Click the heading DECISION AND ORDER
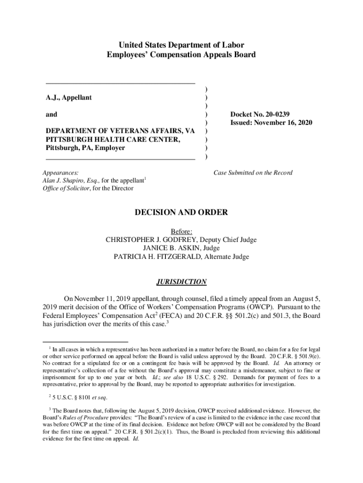(x=181, y=212)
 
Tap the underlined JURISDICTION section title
(x=181, y=282)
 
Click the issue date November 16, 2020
(x=286, y=123)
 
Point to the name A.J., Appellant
(x=68, y=98)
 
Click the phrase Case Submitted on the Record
(x=253, y=173)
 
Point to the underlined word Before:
(x=181, y=231)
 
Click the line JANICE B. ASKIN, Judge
(x=181, y=248)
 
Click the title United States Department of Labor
(x=181, y=45)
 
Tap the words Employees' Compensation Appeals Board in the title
(x=181, y=55)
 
